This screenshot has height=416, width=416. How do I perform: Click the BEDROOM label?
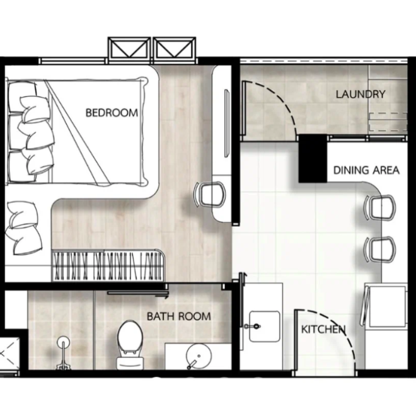[111, 113]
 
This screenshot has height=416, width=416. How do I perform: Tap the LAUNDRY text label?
[360, 95]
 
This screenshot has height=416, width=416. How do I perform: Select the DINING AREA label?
[366, 170]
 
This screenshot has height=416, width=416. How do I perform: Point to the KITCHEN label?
[323, 330]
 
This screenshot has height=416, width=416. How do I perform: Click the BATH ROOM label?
[179, 316]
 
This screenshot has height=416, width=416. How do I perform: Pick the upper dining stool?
[380, 207]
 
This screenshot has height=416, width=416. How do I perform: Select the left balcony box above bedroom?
[129, 49]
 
